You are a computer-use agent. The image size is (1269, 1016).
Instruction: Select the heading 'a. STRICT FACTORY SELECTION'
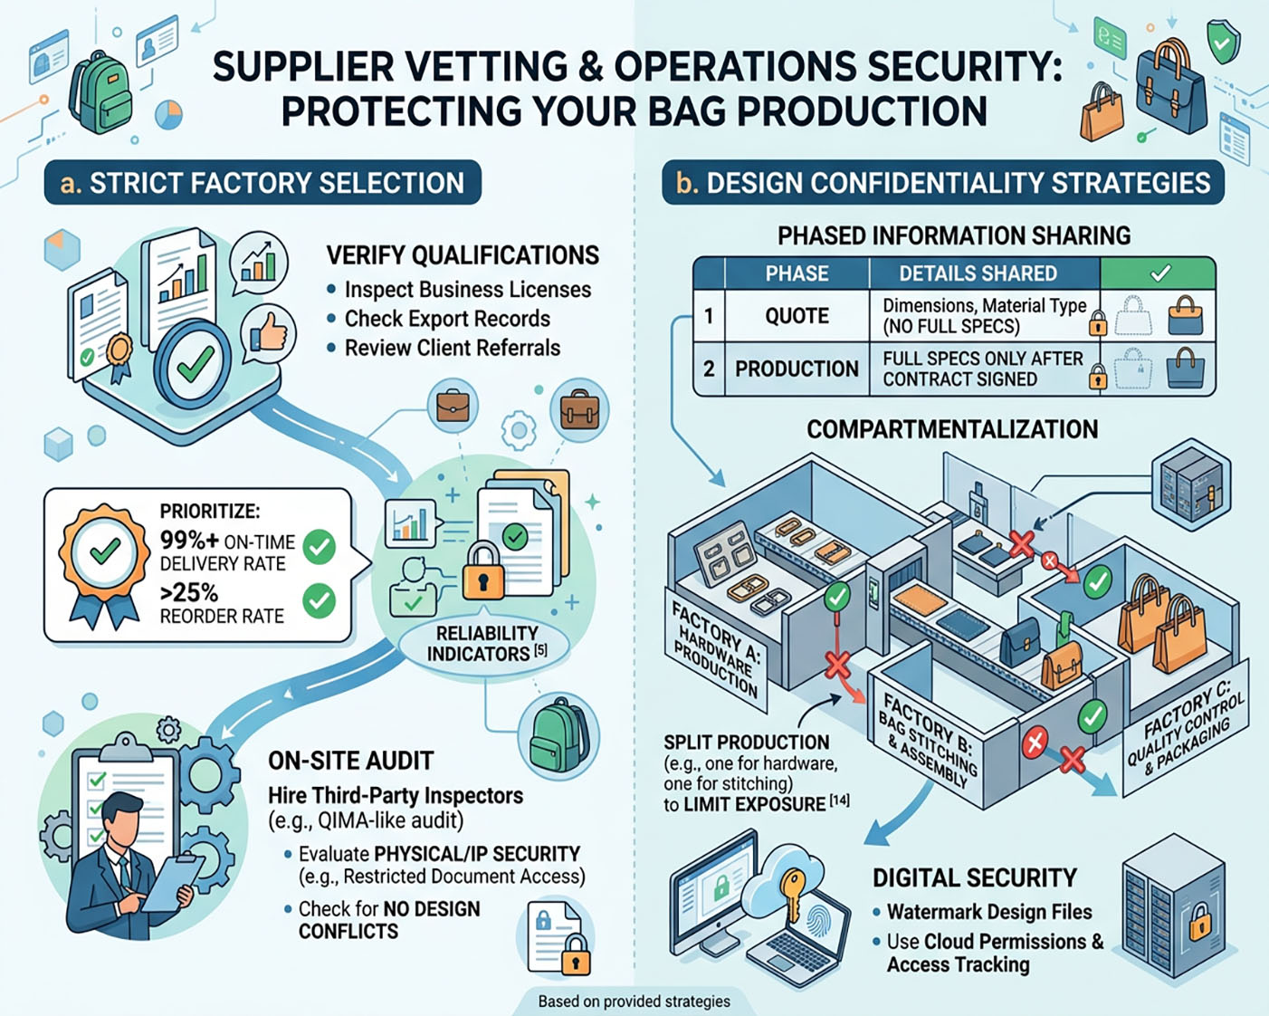[262, 183]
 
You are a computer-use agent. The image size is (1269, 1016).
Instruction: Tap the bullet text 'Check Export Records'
[447, 319]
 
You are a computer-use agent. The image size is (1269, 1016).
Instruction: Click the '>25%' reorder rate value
[189, 593]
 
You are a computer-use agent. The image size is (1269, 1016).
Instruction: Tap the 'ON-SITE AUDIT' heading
[350, 761]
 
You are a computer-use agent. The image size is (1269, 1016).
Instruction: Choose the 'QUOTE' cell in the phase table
[797, 316]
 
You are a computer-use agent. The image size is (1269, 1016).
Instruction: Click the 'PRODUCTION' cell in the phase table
[797, 369]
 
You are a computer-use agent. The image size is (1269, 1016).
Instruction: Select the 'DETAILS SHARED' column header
[978, 273]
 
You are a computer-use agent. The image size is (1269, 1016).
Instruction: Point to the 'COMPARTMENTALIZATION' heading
[952, 429]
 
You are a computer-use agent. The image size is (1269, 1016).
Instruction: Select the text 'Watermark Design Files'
[989, 912]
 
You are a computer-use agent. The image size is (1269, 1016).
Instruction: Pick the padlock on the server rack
[1199, 925]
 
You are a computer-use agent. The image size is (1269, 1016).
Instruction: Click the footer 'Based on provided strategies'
[634, 1002]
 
